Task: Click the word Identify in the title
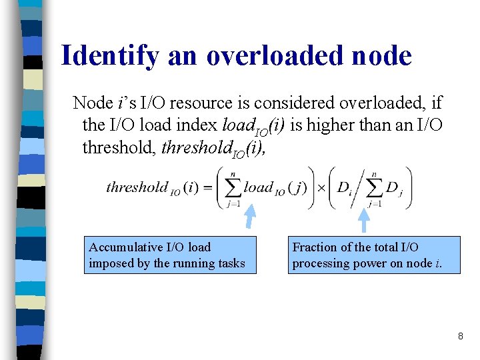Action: [109, 57]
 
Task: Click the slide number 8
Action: [460, 337]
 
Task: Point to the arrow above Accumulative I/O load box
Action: [251, 218]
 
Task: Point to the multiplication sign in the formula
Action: [321, 187]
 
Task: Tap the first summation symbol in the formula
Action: [233, 187]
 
